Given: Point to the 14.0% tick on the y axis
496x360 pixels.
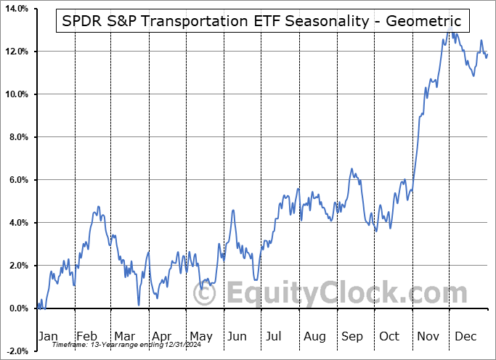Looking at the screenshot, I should click(15, 9).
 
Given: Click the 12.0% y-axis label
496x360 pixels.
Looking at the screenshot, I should click(15, 52).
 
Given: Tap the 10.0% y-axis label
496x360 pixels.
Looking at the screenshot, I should click(15, 94).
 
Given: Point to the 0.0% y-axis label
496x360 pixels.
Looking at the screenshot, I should click(17, 308).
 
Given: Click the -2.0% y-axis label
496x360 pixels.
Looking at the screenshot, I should click(15, 351).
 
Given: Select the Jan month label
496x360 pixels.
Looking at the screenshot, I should click(47, 336).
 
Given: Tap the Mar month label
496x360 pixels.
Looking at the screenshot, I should click(124, 336).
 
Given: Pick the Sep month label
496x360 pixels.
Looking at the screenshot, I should click(351, 336).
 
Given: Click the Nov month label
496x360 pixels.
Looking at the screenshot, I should click(428, 336).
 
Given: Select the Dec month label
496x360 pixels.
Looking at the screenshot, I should click(465, 336).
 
